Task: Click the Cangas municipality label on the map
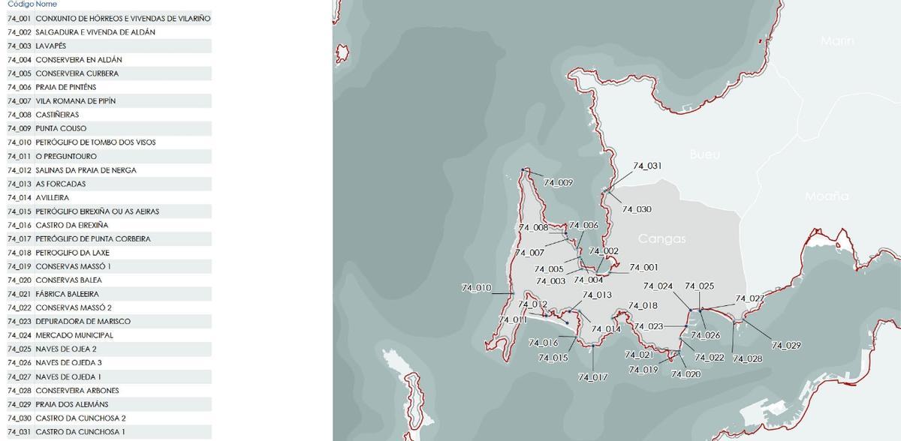[x=661, y=239]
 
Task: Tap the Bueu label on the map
[x=704, y=154]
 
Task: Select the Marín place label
[x=837, y=41]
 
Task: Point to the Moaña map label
[x=827, y=196]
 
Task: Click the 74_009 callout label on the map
[x=558, y=182]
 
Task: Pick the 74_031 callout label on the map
[x=647, y=166]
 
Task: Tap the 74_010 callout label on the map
[x=475, y=288]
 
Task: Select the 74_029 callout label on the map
[x=786, y=346]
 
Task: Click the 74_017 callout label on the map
[x=592, y=377]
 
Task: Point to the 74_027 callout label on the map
[x=749, y=298]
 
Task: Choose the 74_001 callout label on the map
[x=643, y=268]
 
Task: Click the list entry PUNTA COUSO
[x=61, y=128]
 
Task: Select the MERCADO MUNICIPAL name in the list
[x=74, y=335]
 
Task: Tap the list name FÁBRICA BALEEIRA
[x=67, y=294]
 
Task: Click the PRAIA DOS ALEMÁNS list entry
[x=71, y=404]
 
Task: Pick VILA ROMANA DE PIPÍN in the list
[x=75, y=100]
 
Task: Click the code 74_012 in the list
[x=20, y=170]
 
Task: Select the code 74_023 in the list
[x=20, y=321]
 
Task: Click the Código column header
[x=20, y=4]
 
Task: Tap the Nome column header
[x=47, y=4]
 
